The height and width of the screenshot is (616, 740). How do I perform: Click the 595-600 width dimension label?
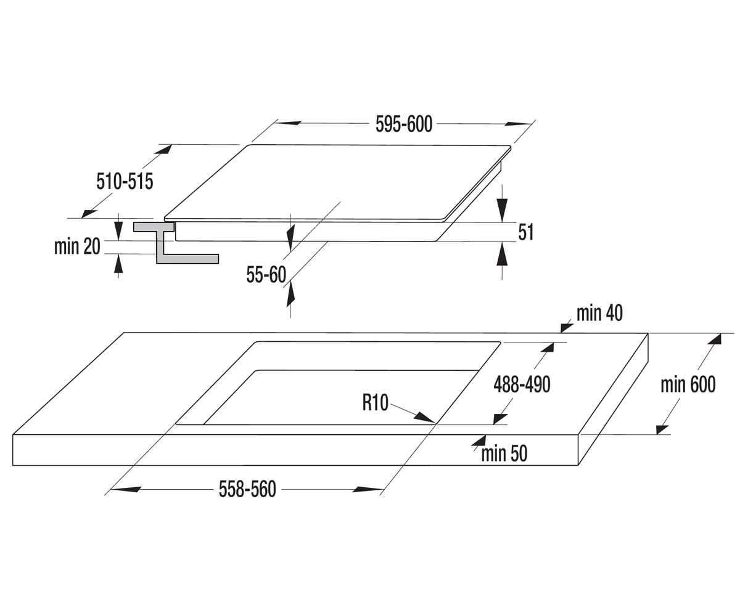pyautogui.click(x=404, y=124)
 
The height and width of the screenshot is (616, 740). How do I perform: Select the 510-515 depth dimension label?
pyautogui.click(x=125, y=182)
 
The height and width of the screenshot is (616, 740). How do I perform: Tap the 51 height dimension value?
pyautogui.click(x=526, y=232)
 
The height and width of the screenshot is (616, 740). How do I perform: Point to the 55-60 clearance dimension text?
pyautogui.click(x=266, y=275)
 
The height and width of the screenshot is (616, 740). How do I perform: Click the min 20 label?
pyautogui.click(x=77, y=246)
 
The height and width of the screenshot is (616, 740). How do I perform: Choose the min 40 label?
pyautogui.click(x=599, y=314)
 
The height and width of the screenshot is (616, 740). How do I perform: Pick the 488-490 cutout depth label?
pyautogui.click(x=522, y=384)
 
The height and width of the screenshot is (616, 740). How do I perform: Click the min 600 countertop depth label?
pyautogui.click(x=688, y=384)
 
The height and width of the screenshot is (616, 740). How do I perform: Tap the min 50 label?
pyautogui.click(x=504, y=453)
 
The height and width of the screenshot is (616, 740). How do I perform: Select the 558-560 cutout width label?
pyautogui.click(x=247, y=490)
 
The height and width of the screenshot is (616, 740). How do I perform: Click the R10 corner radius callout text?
pyautogui.click(x=376, y=403)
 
